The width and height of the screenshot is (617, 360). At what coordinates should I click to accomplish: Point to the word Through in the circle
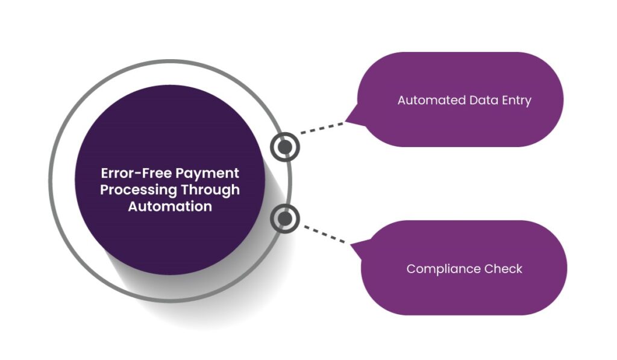(x=210, y=189)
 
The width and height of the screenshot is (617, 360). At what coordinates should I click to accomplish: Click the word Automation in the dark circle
(x=170, y=206)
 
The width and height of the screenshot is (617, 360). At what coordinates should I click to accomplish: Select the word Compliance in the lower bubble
(x=443, y=269)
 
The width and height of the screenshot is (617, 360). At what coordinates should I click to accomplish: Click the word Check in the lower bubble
(x=503, y=269)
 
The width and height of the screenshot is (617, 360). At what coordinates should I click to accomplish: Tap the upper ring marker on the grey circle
(x=285, y=147)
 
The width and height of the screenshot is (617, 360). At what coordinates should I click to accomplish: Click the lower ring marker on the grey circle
(x=285, y=218)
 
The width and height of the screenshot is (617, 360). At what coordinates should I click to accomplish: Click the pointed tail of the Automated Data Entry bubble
(x=351, y=122)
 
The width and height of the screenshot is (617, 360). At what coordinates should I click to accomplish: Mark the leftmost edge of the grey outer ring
(x=51, y=181)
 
